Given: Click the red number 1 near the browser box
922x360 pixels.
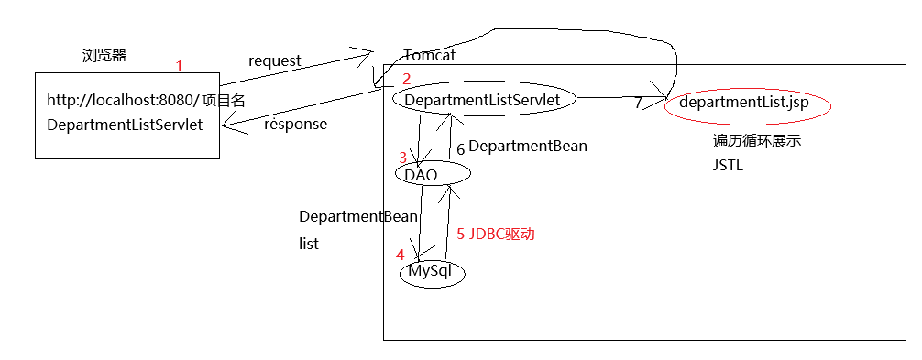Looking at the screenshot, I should (x=180, y=66).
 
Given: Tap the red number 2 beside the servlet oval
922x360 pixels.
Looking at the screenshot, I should (x=406, y=80).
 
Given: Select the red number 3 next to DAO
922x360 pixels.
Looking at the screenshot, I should (x=401, y=158).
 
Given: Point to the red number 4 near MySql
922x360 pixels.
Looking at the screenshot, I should (x=400, y=254).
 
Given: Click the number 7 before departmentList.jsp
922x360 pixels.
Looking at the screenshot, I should (x=638, y=103).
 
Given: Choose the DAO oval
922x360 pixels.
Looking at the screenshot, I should (x=433, y=173).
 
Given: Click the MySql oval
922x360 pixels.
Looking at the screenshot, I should (x=432, y=272).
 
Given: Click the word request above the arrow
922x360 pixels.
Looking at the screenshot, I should (x=274, y=60).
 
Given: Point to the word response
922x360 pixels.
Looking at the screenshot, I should (x=295, y=124).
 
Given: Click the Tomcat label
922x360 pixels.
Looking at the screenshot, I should (x=430, y=55).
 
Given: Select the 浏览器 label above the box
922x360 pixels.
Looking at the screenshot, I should (x=104, y=56).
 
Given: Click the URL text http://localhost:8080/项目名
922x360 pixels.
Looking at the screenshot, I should (x=146, y=100).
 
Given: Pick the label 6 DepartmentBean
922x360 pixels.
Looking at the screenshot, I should (x=521, y=146).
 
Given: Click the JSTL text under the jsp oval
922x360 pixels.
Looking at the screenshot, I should (x=728, y=166).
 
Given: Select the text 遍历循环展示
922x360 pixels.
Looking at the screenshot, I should (x=750, y=142).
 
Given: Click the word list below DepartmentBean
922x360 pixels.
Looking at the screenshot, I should (x=309, y=244).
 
